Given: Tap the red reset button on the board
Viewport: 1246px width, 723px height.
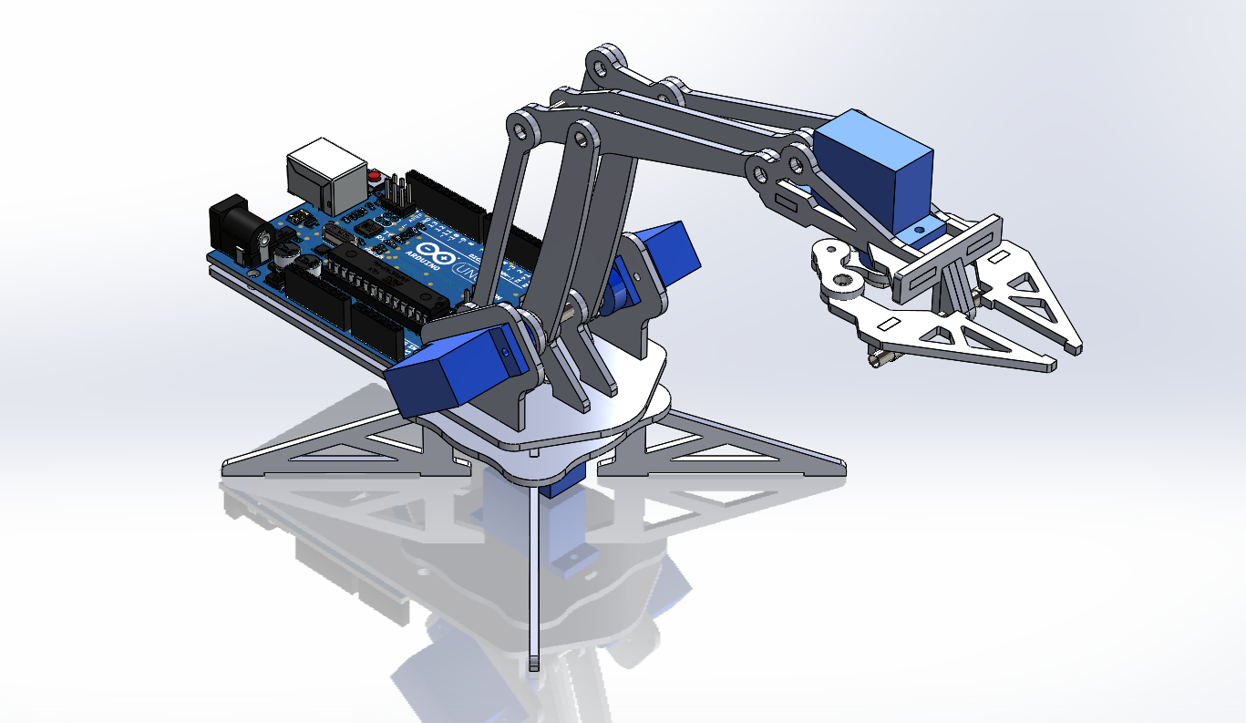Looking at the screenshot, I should (375, 177).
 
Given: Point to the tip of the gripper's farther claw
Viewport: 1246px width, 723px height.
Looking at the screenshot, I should (1075, 346).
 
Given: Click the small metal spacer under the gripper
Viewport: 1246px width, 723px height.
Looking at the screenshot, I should (880, 359).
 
